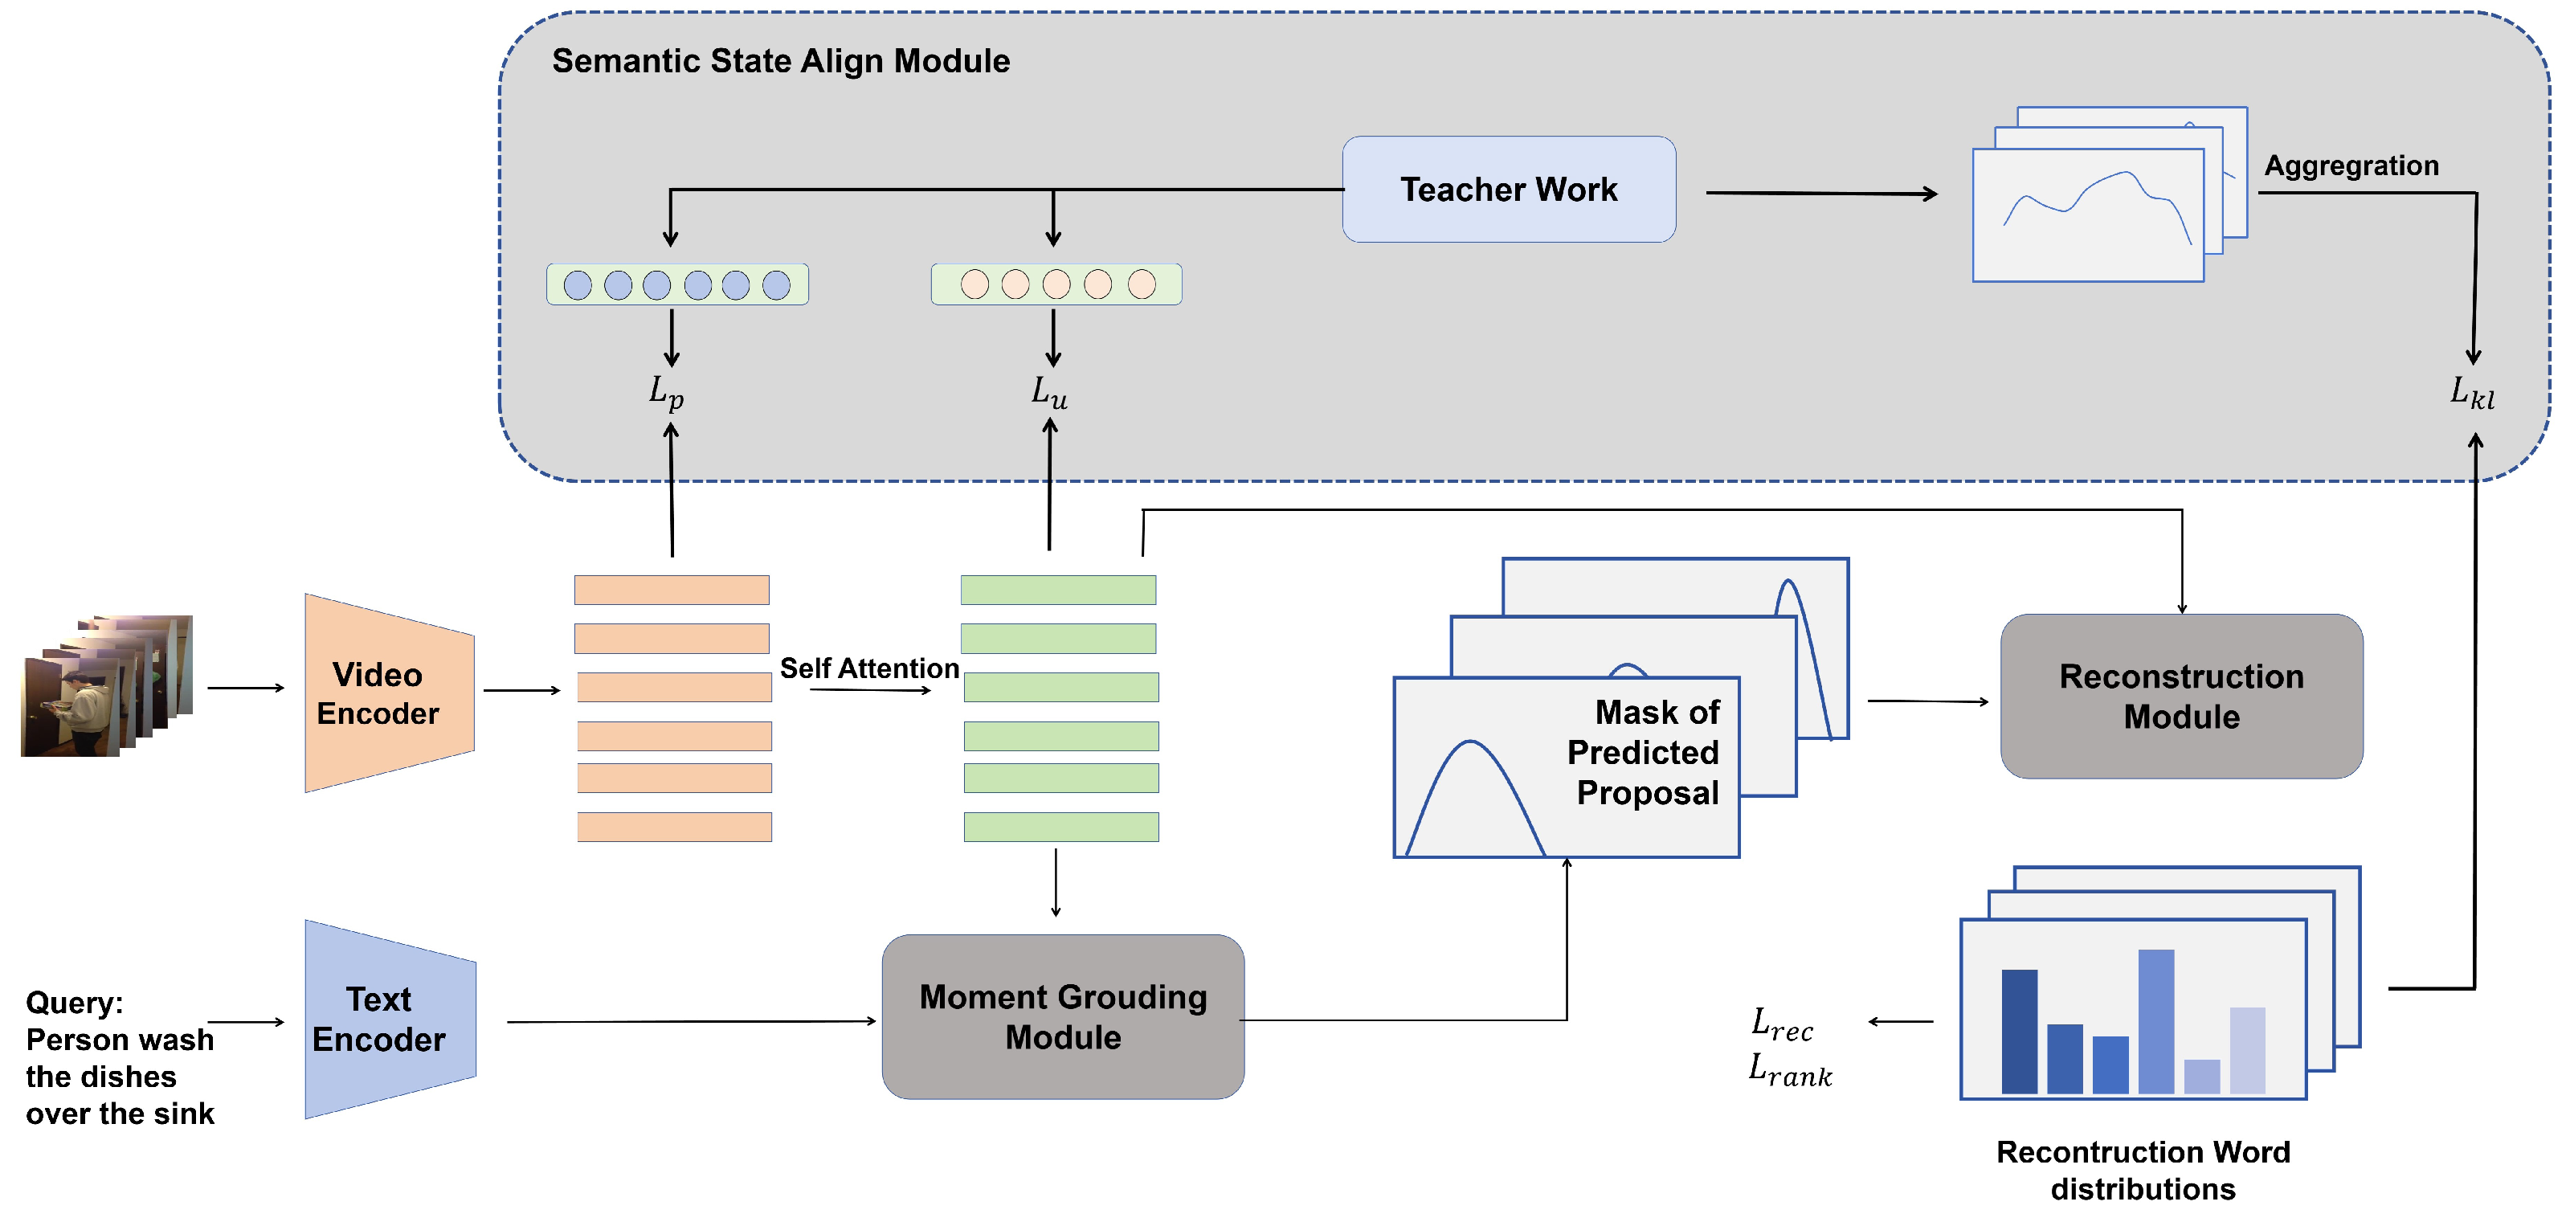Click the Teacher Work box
1509,190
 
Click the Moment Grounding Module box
1063,1016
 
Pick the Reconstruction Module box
2181,697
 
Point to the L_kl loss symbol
2472,392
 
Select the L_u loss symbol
1049,392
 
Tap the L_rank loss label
1790,1069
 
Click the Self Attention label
869,668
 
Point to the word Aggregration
2351,166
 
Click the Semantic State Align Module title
780,61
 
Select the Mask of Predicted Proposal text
1646,752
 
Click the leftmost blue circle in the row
578,285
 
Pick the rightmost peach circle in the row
1142,284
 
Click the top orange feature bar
672,590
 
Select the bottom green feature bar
1060,827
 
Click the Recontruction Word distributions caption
2142,1170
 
